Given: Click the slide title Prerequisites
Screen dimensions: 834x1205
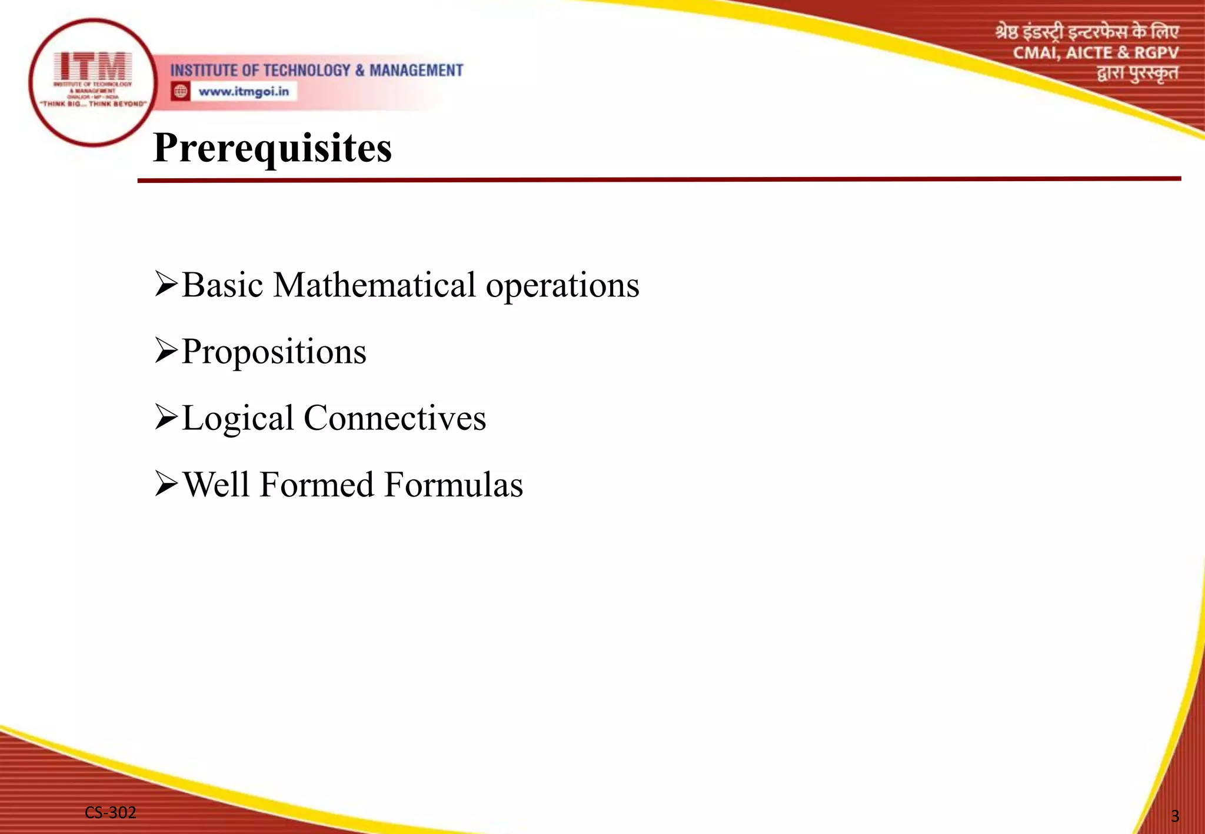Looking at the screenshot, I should pos(272,148).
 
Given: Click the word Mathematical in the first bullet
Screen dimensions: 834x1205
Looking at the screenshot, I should pos(374,285).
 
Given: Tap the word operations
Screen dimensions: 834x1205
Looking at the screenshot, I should pos(562,286).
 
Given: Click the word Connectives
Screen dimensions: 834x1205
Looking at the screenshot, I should pos(395,418).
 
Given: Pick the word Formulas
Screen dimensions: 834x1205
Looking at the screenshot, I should pos(454,485).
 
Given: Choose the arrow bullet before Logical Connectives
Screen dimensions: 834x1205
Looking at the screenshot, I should pos(166,417).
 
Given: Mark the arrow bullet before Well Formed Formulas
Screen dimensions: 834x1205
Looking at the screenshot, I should pos(166,483).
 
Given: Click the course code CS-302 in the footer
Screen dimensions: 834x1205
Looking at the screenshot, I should pos(111,812).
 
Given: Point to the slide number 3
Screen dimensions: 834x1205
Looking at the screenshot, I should pos(1175,816).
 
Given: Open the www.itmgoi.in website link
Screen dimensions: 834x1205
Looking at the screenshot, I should pos(244,92).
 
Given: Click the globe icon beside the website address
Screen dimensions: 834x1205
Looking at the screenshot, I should pos(181,92).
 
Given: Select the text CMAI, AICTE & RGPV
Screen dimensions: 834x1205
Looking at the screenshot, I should pos(1096,53).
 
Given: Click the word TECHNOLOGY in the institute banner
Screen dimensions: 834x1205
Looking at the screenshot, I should pos(307,71).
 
